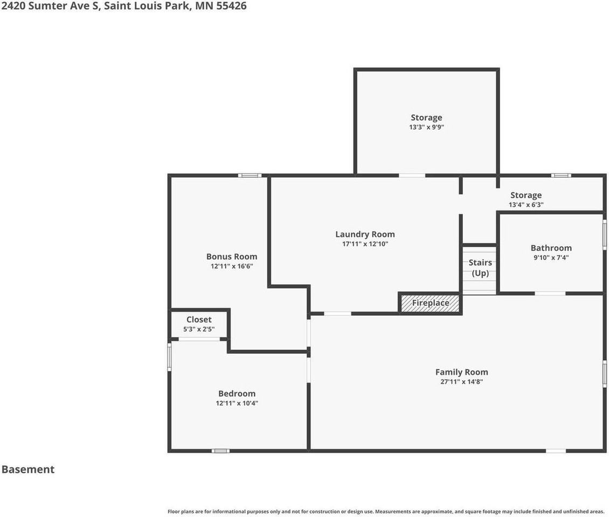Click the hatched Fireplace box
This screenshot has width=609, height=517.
[430, 303]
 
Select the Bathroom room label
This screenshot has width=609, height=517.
[551, 248]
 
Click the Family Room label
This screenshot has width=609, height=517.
[461, 372]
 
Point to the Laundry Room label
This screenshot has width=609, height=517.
[365, 234]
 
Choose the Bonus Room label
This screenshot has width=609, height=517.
[232, 256]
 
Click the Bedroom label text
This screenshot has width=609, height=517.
[237, 393]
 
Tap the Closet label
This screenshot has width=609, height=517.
[199, 319]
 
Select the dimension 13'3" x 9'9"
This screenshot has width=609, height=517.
[426, 128]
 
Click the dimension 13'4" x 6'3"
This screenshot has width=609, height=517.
[526, 205]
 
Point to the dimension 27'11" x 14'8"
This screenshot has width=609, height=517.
[461, 382]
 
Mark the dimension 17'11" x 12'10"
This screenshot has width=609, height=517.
[365, 244]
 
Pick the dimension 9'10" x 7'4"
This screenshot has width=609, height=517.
[551, 257]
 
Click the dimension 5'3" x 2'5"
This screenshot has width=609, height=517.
[199, 329]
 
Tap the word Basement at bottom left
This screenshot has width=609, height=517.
[28, 469]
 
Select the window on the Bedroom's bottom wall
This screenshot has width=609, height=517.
[220, 450]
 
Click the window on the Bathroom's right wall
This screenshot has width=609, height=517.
[604, 234]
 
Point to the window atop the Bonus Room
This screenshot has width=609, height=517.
[250, 175]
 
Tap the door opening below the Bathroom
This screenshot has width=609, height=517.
[550, 293]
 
